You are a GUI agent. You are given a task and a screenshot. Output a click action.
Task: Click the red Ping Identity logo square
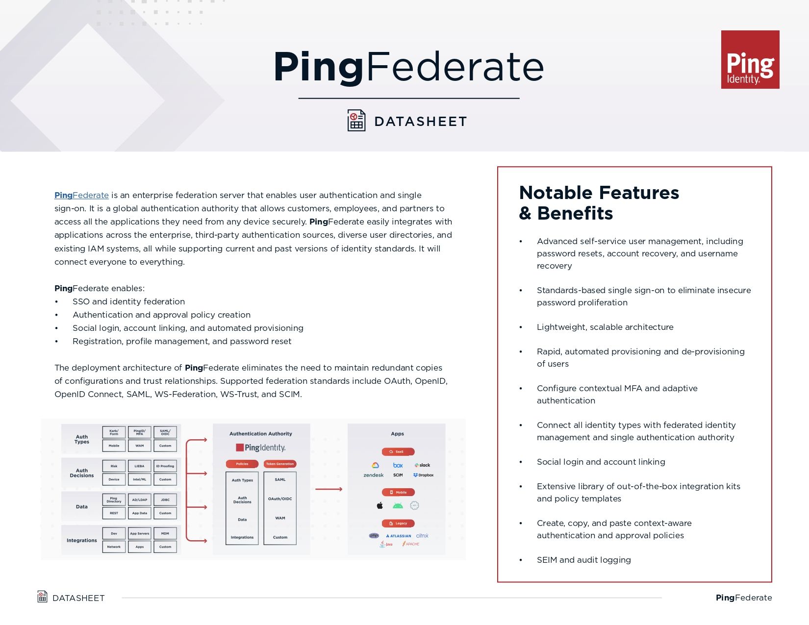click(750, 59)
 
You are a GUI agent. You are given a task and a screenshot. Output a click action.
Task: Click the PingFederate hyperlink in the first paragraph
click(81, 195)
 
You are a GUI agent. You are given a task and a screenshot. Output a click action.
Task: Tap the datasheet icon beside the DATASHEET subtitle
click(356, 121)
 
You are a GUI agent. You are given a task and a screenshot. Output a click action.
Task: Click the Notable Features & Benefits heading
click(599, 203)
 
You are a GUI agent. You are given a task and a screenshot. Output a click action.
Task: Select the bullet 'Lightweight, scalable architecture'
click(605, 327)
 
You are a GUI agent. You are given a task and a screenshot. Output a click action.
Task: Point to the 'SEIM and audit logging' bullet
click(583, 560)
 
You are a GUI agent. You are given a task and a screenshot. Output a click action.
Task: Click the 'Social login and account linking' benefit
click(601, 462)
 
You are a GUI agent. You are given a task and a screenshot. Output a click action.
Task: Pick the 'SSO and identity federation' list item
click(128, 301)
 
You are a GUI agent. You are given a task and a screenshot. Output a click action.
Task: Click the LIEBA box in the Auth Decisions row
click(139, 466)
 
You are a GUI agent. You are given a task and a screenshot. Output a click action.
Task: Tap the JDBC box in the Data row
click(165, 500)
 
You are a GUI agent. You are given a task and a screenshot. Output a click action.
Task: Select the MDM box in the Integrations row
click(165, 533)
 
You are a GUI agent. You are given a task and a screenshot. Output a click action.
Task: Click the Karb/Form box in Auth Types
click(114, 432)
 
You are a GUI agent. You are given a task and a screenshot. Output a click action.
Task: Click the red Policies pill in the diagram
click(242, 464)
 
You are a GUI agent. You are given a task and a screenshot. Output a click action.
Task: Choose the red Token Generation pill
click(280, 464)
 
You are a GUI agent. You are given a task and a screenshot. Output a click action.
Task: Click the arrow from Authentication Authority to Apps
click(329, 489)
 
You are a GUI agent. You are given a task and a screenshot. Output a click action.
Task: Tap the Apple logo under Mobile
click(379, 505)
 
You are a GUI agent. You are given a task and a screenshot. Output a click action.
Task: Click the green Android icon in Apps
click(398, 505)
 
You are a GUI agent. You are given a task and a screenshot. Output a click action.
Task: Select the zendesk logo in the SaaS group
click(373, 475)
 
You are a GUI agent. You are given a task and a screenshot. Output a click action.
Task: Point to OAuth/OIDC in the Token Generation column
click(280, 499)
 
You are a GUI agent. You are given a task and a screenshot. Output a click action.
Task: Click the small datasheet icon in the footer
click(43, 597)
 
